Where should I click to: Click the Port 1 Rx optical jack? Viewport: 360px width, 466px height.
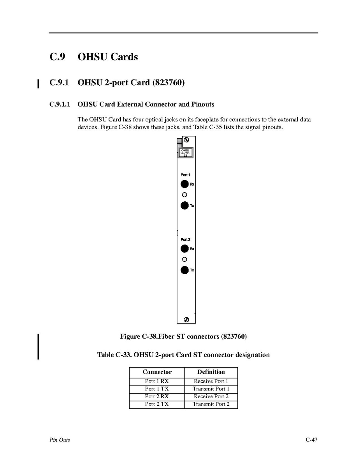pyautogui.click(x=184, y=184)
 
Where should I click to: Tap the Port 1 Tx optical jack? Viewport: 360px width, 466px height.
pyautogui.click(x=184, y=205)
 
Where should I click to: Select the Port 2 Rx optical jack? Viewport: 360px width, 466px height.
pyautogui.click(x=184, y=249)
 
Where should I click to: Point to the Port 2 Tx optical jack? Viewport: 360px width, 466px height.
pyautogui.click(x=184, y=270)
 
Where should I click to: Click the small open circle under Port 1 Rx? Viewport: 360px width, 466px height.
pyautogui.click(x=184, y=195)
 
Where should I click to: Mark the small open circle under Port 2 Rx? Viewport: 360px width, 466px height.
pyautogui.click(x=184, y=259)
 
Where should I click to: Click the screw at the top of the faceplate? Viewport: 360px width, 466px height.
pyautogui.click(x=186, y=140)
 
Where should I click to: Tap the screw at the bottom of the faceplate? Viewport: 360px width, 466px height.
pyautogui.click(x=186, y=320)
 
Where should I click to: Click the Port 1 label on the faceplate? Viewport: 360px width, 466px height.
pyautogui.click(x=185, y=175)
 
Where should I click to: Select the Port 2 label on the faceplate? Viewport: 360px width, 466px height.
pyautogui.click(x=185, y=239)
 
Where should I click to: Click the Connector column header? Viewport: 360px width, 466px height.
pyautogui.click(x=157, y=372)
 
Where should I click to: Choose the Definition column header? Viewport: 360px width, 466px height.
pyautogui.click(x=211, y=372)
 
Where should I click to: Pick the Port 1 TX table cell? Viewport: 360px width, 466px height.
pyautogui.click(x=157, y=389)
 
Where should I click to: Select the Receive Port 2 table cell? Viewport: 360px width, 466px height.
pyautogui.click(x=211, y=396)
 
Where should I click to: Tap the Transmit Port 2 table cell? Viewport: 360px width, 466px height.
pyautogui.click(x=211, y=404)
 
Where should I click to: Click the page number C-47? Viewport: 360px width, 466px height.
pyautogui.click(x=311, y=440)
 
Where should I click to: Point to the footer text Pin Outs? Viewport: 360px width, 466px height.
pyautogui.click(x=60, y=440)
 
